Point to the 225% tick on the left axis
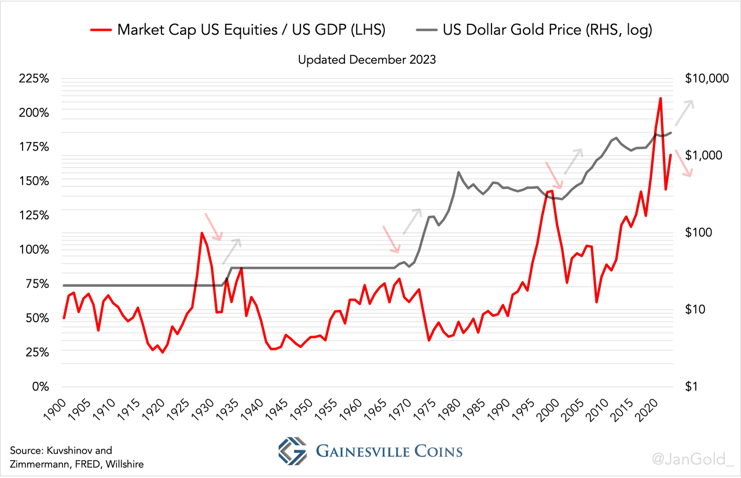(35, 79)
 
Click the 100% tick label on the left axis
(35, 250)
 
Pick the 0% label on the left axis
(41, 386)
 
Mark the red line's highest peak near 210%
(661, 98)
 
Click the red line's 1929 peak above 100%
(201, 233)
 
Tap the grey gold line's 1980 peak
(458, 172)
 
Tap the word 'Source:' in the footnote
(27, 450)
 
